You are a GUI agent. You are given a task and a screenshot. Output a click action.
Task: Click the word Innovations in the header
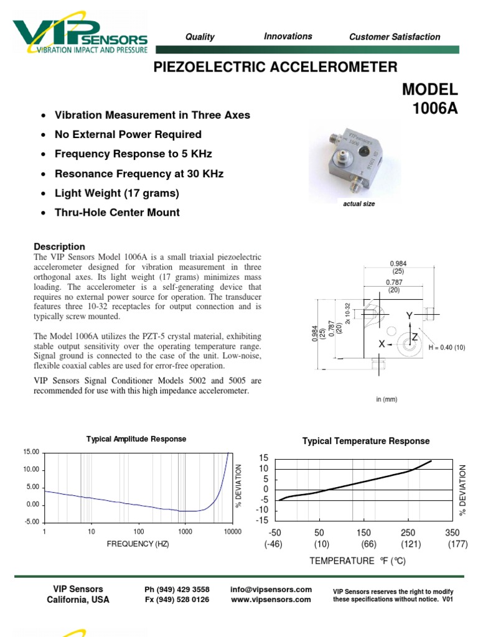point(288,37)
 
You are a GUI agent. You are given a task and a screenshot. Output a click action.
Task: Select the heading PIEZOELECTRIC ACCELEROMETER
point(275,67)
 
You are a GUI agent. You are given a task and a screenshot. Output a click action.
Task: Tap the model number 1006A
point(434,109)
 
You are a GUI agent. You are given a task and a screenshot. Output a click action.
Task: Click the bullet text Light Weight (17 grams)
point(117,193)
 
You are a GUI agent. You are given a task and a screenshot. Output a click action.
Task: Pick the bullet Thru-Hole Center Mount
point(117,213)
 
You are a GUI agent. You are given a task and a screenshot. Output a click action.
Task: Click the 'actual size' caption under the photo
point(359,204)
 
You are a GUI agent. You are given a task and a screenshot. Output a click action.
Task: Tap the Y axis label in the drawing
point(410,317)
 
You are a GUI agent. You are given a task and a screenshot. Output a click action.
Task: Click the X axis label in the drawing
point(382,344)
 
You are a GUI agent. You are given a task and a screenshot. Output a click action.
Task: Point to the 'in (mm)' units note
point(386,399)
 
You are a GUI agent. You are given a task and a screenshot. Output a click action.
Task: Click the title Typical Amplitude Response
point(136,439)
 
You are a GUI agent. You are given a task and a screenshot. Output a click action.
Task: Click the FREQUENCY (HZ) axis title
point(138,544)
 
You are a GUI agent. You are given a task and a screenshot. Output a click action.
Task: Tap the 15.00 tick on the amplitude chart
point(30,452)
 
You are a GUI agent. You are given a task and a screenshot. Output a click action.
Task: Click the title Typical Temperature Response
point(366,441)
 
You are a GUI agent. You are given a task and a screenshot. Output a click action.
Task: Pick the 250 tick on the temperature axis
point(408,533)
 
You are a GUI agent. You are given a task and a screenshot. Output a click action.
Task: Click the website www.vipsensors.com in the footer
point(271,600)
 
